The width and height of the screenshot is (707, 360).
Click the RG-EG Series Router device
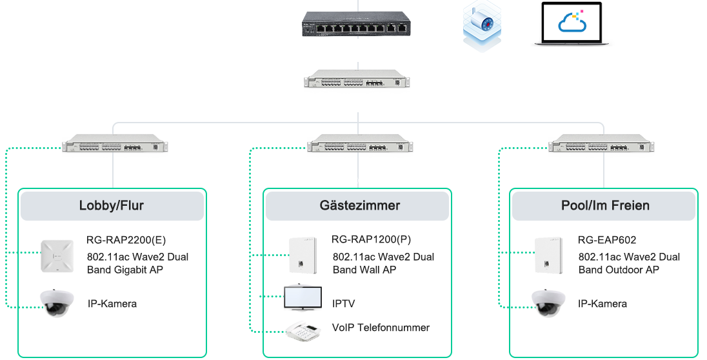point(356,24)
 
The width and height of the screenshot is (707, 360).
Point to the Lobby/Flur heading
point(112,206)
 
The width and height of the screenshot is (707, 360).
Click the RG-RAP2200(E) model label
point(126,240)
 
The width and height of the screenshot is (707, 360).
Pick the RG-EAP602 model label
point(607,240)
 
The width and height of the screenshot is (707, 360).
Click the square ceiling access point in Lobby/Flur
point(59,256)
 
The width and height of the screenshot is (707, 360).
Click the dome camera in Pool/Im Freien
point(552,303)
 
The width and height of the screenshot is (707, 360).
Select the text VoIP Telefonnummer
point(381,328)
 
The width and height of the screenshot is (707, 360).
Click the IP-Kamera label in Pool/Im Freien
point(602,303)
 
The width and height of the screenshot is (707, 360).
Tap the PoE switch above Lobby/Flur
point(115,143)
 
